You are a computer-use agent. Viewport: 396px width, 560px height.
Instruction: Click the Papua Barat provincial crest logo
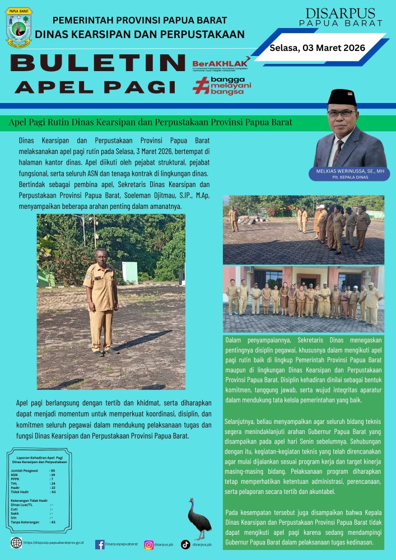click(x=19, y=27)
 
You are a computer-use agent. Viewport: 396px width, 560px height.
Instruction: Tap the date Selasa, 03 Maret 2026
click(x=317, y=48)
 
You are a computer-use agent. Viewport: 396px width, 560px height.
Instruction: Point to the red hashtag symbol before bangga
click(x=200, y=86)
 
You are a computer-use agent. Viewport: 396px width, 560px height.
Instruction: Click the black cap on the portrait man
click(x=342, y=97)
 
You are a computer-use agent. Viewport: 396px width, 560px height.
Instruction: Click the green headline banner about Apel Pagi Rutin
click(x=151, y=122)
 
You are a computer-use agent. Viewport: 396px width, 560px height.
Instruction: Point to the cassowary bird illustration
click(x=198, y=519)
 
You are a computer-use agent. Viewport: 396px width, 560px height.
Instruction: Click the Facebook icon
click(x=100, y=544)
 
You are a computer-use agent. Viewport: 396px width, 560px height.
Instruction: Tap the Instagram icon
click(x=149, y=544)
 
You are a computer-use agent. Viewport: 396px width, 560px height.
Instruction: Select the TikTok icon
click(x=185, y=544)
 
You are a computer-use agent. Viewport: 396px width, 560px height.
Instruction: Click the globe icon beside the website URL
click(x=17, y=543)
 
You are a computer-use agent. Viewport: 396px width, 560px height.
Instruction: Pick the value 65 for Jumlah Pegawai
click(x=53, y=471)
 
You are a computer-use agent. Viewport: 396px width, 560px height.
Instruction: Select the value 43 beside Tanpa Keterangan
click(x=53, y=522)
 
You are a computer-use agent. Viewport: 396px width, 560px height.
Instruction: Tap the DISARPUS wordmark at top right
click(x=341, y=13)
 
